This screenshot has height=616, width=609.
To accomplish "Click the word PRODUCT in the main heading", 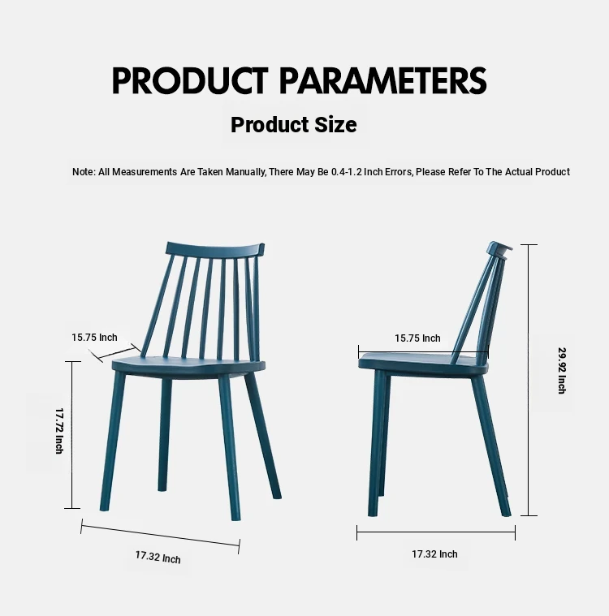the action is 190,80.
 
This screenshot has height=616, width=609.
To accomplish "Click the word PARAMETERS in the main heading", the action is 383,80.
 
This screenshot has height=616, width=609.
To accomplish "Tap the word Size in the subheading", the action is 335,125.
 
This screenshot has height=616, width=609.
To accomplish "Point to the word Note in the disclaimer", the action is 84,172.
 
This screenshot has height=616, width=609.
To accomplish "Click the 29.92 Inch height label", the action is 562,370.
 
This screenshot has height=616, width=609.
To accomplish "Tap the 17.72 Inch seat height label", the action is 59,431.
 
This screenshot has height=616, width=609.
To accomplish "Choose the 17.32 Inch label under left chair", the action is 158,557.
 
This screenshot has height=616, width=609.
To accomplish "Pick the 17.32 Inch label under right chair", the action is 434,554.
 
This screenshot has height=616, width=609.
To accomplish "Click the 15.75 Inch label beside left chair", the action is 94,338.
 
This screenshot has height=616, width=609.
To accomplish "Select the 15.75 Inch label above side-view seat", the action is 417,338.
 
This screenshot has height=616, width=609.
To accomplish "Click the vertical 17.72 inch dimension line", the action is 72,435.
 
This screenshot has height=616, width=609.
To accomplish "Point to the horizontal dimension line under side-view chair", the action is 436,532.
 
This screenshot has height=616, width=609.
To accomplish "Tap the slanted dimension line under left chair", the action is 160,536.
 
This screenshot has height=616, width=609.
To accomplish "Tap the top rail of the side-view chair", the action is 499,248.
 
